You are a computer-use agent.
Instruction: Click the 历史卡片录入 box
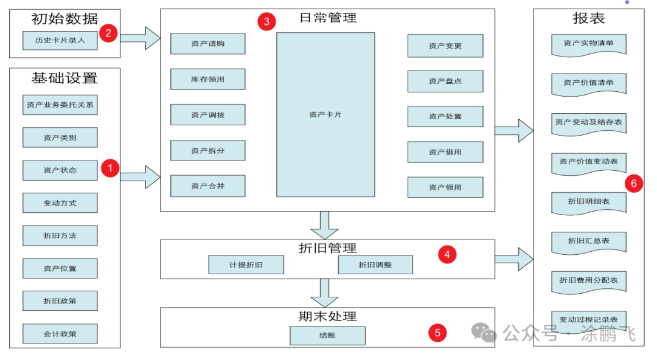[60, 41]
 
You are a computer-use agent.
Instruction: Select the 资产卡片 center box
[325, 114]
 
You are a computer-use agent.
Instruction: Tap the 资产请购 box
[207, 44]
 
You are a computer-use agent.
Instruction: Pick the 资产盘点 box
[445, 81]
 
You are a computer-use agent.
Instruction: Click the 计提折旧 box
[246, 265]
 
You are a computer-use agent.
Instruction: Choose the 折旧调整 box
[375, 265]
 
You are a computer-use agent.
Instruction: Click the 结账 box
[327, 336]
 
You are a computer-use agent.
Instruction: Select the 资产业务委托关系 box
[60, 105]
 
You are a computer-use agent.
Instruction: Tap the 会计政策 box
[60, 334]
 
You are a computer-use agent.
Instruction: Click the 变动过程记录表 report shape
[588, 320]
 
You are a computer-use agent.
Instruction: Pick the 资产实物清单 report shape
[588, 44]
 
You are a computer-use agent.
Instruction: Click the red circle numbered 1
[109, 168]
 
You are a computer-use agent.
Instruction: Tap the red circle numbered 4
[447, 255]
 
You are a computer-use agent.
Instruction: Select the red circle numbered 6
[634, 183]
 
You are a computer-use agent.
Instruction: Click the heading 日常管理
[328, 18]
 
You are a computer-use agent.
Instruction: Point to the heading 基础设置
[64, 78]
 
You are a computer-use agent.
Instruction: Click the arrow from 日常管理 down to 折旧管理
[324, 225]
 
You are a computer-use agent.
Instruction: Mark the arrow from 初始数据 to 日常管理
[141, 38]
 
